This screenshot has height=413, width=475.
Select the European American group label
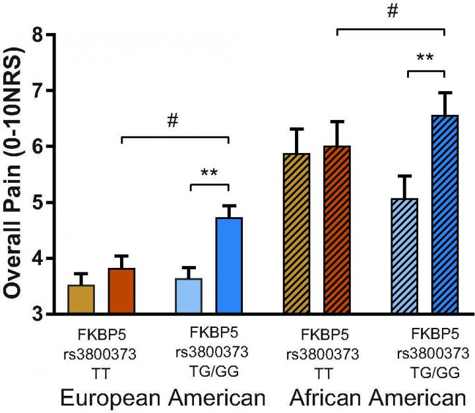(x=162, y=398)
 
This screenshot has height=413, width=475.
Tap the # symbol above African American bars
(x=391, y=12)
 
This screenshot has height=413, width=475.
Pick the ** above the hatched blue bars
(x=425, y=58)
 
